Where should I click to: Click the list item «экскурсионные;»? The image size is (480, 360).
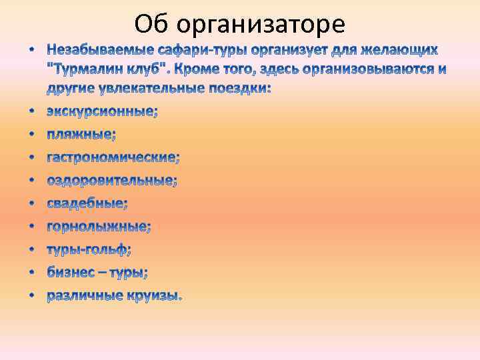click(102, 112)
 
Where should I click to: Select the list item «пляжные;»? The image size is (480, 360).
click(81, 135)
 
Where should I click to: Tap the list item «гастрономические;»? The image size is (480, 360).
click(113, 158)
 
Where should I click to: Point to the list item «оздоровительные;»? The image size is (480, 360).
click(111, 181)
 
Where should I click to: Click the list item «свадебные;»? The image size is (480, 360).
click(87, 203)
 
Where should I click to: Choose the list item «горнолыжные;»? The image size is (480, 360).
click(99, 227)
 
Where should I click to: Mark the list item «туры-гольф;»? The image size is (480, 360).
click(89, 249)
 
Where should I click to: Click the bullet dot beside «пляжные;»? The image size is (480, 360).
click(32, 135)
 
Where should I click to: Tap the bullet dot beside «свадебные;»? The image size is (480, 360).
click(32, 204)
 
